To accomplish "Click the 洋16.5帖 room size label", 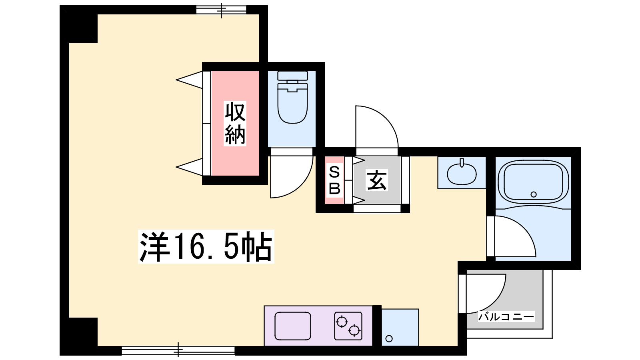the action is tap(206, 246).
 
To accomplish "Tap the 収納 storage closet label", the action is tap(235, 124).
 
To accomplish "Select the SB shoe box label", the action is tap(334, 180).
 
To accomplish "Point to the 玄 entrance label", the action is tap(377, 180).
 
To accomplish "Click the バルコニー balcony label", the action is tap(506, 316).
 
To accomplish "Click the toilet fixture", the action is tap(292, 98).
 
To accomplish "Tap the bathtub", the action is tap(533, 182).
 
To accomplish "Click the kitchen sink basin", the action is tap(292, 326).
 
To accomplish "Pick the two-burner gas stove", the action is tap(348, 326).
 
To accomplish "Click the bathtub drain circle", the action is tap(534, 194).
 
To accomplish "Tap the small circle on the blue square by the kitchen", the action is tap(389, 339).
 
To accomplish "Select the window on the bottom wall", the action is tap(178, 350).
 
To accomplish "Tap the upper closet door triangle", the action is tap(190, 80).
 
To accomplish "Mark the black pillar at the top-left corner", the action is tap(78, 24).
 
